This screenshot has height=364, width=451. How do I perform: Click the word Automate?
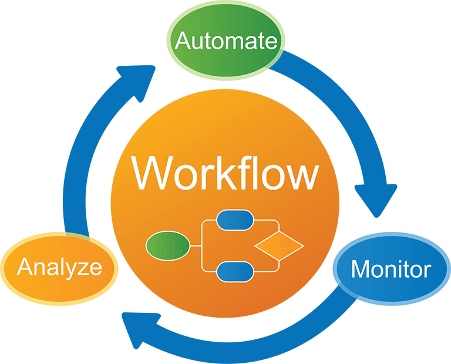226,42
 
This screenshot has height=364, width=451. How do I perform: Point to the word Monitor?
391,270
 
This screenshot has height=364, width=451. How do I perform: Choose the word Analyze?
59,268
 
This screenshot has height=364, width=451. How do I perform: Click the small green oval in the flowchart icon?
167,245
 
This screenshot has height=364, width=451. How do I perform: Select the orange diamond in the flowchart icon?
278,245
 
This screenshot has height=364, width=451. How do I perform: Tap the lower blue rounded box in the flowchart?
235,271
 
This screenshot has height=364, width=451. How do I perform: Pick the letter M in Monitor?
360,270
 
